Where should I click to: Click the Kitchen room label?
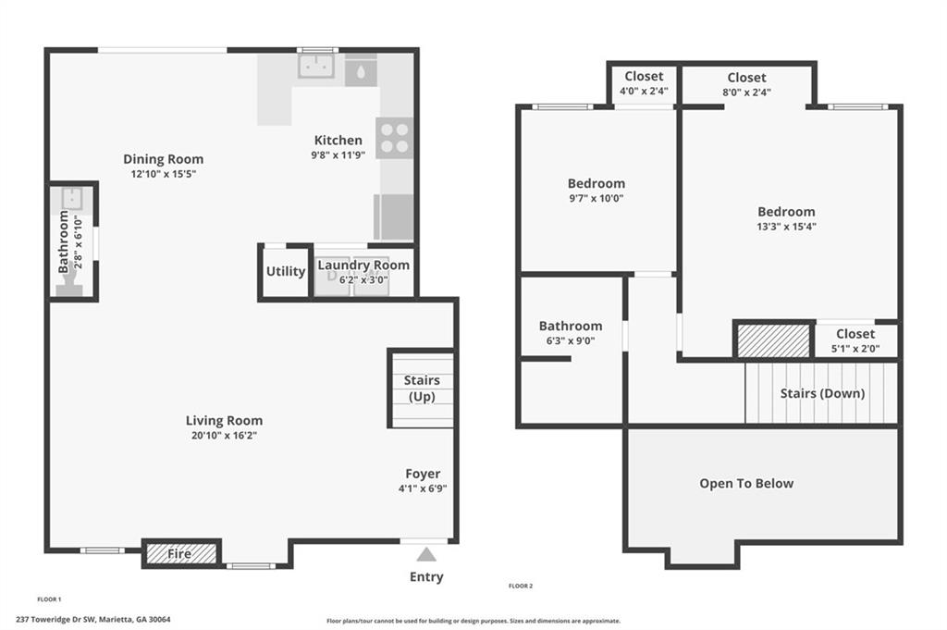click(338, 140)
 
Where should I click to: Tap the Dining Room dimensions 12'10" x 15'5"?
click(164, 174)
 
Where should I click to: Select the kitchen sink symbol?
click(316, 66)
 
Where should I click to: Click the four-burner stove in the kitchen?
click(394, 139)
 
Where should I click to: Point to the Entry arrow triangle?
click(426, 554)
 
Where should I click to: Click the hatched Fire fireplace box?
click(182, 553)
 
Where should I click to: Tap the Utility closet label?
click(286, 271)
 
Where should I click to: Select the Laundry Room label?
click(363, 266)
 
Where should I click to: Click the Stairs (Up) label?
click(422, 388)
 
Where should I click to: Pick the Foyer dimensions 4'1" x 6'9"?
click(423, 488)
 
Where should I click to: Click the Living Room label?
click(224, 420)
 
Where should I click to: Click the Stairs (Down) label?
click(822, 393)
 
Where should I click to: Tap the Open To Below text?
click(746, 483)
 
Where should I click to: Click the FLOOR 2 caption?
click(521, 586)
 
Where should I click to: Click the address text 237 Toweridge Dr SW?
click(56, 619)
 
